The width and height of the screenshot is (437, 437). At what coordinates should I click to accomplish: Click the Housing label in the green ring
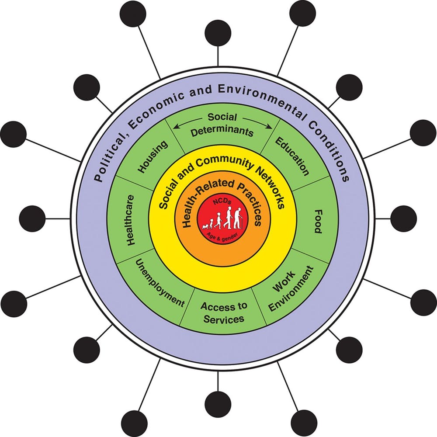point(153,156)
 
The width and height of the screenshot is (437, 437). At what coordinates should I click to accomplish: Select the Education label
point(292,156)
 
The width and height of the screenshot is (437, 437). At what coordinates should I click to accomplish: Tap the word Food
point(318,222)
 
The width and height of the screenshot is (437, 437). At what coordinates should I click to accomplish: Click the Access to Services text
point(224,312)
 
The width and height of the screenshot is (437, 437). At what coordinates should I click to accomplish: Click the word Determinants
point(222,131)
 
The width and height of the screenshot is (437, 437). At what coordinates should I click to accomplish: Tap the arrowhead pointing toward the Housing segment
point(176,127)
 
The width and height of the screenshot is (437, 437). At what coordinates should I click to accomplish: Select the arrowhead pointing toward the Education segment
point(270,127)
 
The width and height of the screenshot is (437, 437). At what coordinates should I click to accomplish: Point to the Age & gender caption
point(222,237)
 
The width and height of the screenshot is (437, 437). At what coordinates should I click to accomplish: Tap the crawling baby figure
point(206,226)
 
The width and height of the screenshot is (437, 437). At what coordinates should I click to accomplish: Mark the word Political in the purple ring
point(110,157)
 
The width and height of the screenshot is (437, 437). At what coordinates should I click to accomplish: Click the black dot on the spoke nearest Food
point(404,218)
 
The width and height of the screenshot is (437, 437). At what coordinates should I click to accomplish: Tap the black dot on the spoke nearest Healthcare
point(32,218)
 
